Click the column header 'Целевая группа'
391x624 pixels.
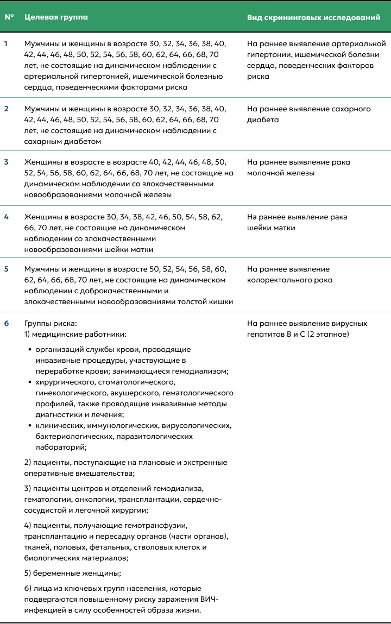tap(56, 17)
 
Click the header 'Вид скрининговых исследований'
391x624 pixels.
tap(313, 17)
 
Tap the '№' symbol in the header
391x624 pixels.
tap(9, 17)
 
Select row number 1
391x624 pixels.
tap(7, 43)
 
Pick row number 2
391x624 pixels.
tap(7, 109)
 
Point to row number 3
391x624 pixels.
tap(7, 162)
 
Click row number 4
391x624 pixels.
tap(7, 217)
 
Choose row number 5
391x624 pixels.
tap(7, 269)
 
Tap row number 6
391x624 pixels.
tap(7, 323)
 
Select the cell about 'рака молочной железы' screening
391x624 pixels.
tap(298, 167)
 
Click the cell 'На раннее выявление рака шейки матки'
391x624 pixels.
tap(297, 222)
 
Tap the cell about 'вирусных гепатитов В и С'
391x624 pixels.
tap(307, 329)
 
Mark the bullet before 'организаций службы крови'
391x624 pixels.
tap(30, 350)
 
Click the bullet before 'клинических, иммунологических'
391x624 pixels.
tap(30, 426)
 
